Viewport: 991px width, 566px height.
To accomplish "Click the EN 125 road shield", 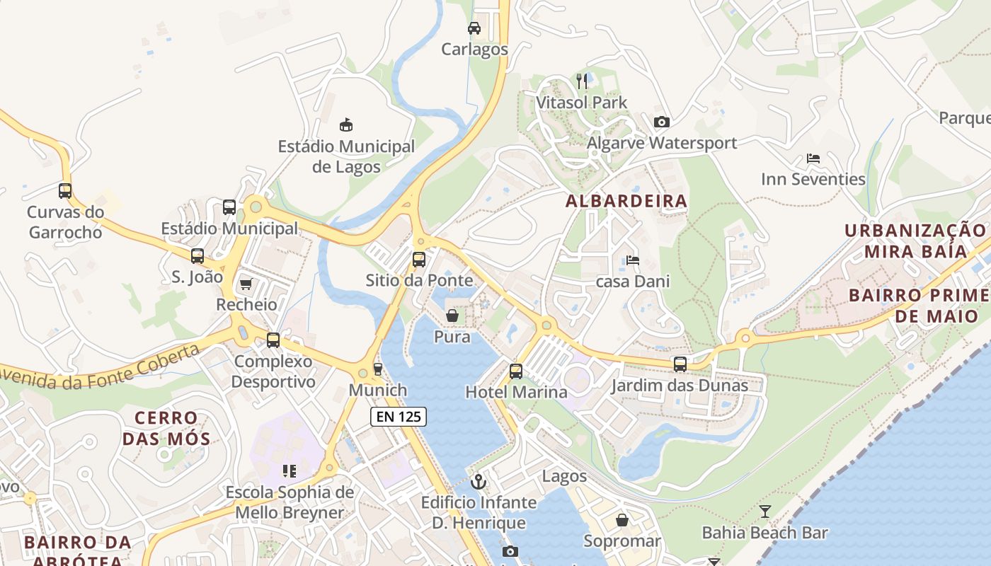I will click(399, 417).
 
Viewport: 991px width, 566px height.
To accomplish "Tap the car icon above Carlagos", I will click(474, 28).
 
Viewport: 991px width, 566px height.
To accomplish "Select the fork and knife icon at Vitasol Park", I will click(582, 81).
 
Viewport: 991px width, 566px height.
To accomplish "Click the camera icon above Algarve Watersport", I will click(661, 122).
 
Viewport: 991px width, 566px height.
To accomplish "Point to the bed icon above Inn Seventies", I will click(813, 158).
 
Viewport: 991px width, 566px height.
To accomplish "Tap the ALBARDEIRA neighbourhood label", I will click(626, 201).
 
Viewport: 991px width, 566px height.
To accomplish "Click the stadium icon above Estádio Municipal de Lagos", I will click(346, 125).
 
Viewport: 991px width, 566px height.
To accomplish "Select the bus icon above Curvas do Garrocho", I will click(65, 190).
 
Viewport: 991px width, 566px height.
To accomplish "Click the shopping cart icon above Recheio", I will click(246, 284).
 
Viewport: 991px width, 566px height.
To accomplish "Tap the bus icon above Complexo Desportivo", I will click(273, 340).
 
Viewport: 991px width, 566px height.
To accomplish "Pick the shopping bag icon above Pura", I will click(452, 316).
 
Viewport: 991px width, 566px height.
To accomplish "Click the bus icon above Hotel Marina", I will click(516, 371).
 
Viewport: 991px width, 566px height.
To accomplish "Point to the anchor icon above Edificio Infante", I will click(479, 481).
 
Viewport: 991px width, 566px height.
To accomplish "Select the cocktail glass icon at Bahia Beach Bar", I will click(764, 511).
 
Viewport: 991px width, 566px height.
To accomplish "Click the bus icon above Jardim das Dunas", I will click(680, 364).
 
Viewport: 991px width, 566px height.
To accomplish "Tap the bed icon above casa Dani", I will click(632, 260).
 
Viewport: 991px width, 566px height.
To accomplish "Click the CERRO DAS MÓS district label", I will click(166, 428).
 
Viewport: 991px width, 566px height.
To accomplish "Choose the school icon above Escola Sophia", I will click(289, 470).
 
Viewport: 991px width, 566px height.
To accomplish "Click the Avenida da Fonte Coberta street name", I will click(99, 371).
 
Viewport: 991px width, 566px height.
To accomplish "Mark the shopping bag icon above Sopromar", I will click(621, 520).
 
